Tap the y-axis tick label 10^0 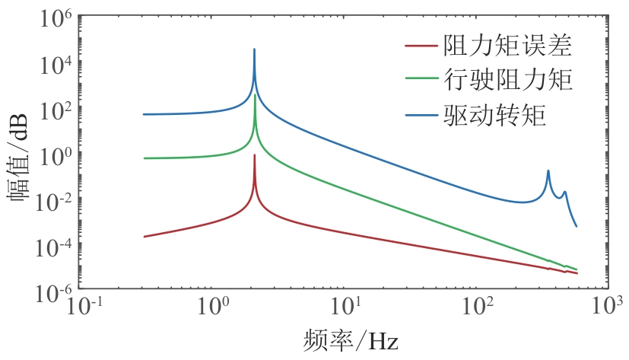53,155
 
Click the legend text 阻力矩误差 507,46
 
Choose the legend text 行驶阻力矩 507,80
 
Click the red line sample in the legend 421,46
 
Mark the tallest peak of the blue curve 254,49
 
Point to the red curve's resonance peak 254,155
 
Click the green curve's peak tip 254,95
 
